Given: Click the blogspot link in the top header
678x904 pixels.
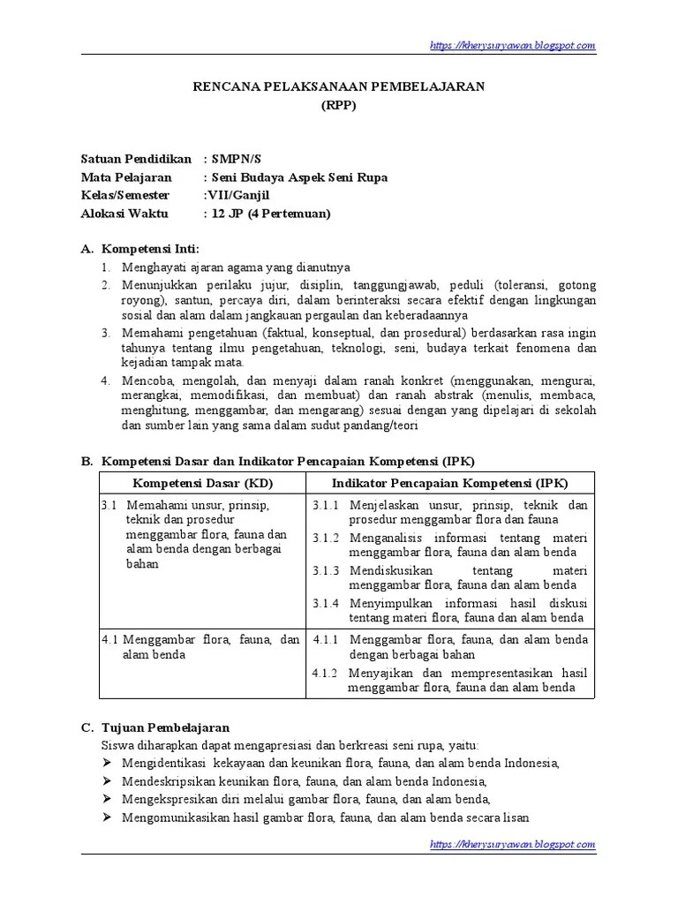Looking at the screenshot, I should pos(513,45).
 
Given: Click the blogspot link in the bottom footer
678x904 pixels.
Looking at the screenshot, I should pos(513,844).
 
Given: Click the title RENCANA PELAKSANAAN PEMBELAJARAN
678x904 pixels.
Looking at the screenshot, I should pos(339,86).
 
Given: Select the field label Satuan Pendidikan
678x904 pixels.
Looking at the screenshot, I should pos(136,159).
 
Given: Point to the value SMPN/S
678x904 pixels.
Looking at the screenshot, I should pos(236,159).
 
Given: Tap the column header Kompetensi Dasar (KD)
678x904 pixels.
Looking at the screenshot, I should pos(202,483).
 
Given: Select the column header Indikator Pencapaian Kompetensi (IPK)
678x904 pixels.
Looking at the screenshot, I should pos(449,483).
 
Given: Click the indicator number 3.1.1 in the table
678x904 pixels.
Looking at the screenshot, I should pos(326,506).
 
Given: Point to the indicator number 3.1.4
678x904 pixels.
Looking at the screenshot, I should pos(326,602).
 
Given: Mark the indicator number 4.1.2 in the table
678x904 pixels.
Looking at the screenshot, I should pos(326,673).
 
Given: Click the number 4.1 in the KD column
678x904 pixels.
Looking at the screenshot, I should pos(109,639).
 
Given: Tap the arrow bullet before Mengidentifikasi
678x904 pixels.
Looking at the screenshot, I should pos(108,763).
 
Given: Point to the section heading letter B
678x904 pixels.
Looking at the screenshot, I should pos(87,461).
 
